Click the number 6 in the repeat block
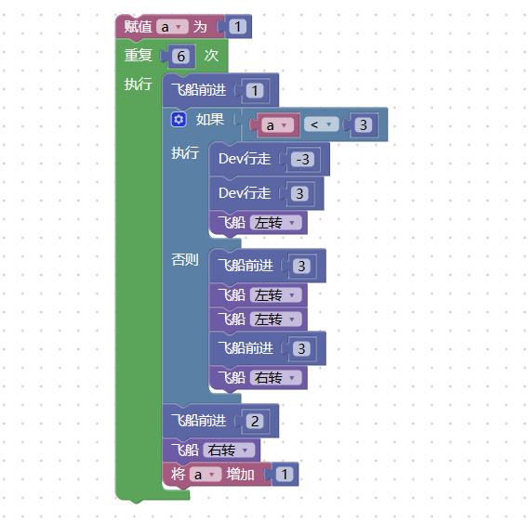[180, 56]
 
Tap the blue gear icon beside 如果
[179, 120]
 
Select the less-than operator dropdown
[321, 124]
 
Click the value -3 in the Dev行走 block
[302, 160]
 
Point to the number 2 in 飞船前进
[255, 421]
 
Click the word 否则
[185, 260]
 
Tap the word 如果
[210, 120]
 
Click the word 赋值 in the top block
[138, 27]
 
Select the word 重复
[139, 55]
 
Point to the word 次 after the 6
[211, 55]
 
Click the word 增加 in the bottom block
[241, 475]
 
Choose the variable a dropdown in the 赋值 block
[172, 27]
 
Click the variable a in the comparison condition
[278, 125]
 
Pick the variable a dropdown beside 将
[206, 475]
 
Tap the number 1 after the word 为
[237, 27]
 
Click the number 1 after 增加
[285, 475]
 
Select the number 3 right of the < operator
[363, 125]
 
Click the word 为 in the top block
[200, 27]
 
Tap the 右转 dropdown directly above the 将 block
[229, 450]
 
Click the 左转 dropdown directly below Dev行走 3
[275, 223]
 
